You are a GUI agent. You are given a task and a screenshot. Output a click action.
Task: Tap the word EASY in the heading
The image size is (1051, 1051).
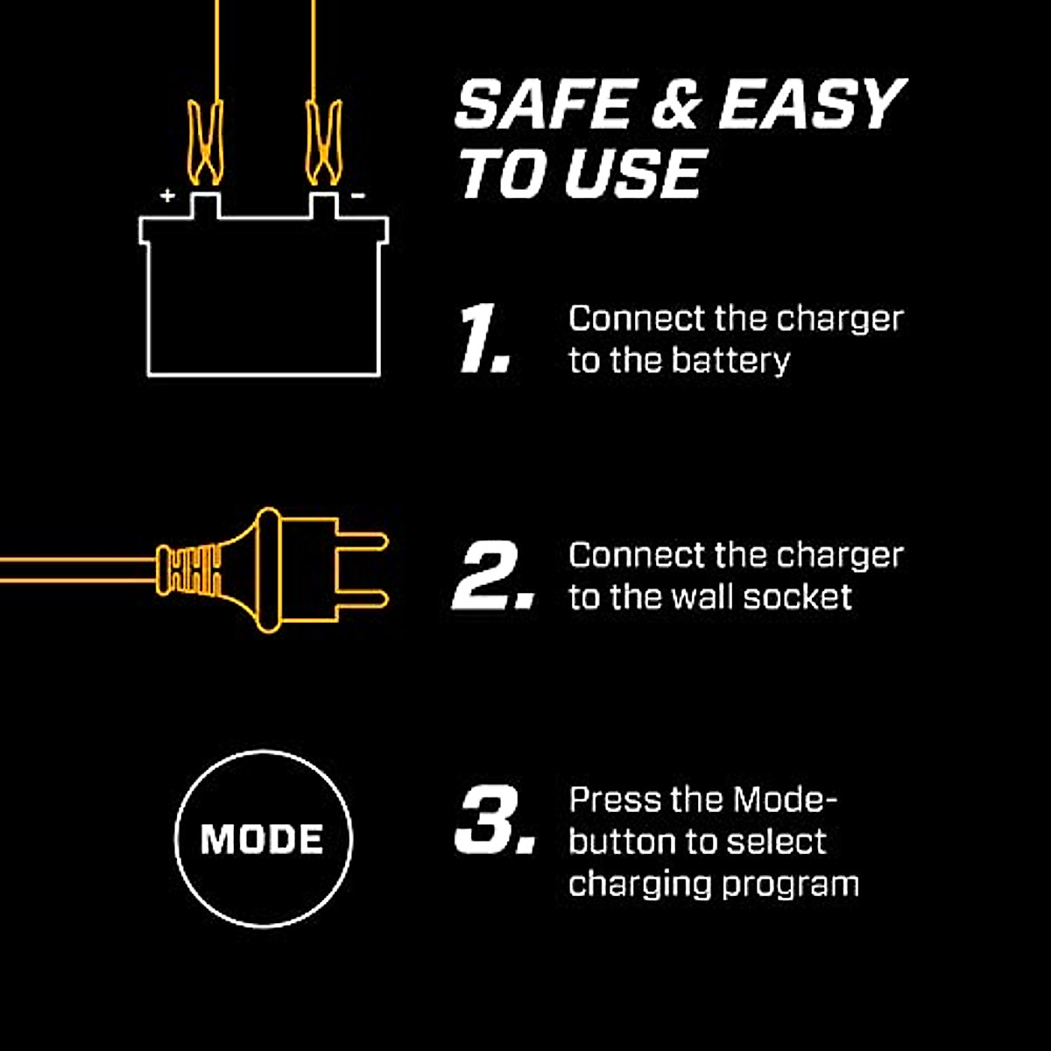(x=810, y=105)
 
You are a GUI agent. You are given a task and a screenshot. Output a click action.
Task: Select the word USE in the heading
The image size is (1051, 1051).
(x=633, y=173)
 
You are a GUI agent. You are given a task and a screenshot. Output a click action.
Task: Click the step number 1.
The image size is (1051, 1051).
(x=483, y=339)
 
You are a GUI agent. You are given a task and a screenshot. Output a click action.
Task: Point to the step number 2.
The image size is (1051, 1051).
(x=491, y=575)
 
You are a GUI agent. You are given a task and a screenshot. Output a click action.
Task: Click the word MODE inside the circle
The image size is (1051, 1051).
(x=263, y=839)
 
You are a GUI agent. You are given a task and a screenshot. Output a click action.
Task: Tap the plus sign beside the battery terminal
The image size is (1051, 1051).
(x=167, y=195)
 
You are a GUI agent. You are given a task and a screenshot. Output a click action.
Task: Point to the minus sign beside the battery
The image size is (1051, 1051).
(x=357, y=195)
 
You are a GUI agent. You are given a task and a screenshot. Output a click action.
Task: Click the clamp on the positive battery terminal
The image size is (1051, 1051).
(x=205, y=145)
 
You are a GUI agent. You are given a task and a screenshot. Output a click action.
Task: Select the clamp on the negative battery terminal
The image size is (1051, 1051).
(x=323, y=145)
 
